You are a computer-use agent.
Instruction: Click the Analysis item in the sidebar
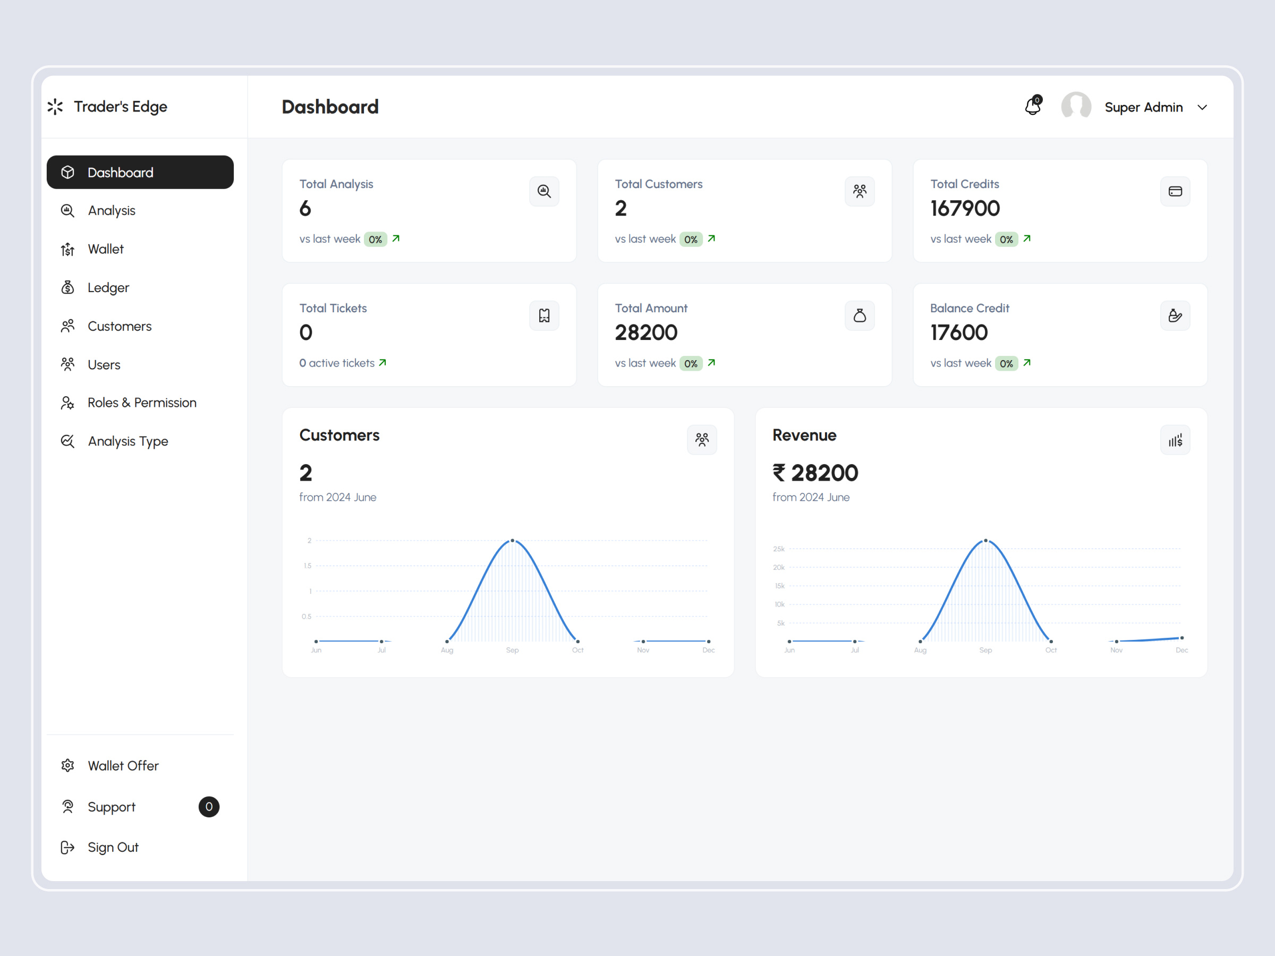(x=111, y=210)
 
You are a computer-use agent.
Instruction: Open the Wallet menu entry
(x=106, y=249)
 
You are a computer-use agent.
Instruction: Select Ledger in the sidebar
(x=108, y=287)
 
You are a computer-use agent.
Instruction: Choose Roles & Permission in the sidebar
(x=141, y=402)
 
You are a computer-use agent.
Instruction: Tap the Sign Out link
(x=113, y=847)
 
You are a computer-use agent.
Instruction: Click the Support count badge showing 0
(x=209, y=807)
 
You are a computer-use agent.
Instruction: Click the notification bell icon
(x=1032, y=107)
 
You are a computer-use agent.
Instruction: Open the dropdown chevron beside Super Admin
(x=1202, y=108)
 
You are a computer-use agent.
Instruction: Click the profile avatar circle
(x=1076, y=107)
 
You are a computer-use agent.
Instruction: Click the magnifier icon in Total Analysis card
(x=544, y=191)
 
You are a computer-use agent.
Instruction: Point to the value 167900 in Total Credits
(x=965, y=209)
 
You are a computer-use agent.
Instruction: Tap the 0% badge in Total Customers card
(x=691, y=239)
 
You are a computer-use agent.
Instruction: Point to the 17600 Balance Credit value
(x=958, y=332)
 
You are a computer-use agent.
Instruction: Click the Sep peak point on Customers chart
(x=513, y=541)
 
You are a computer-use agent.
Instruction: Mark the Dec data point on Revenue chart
(x=1181, y=638)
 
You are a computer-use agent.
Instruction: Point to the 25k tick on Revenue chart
(x=779, y=549)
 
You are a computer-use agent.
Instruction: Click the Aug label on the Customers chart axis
(x=447, y=650)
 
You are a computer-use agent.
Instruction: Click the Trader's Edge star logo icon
(x=55, y=107)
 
